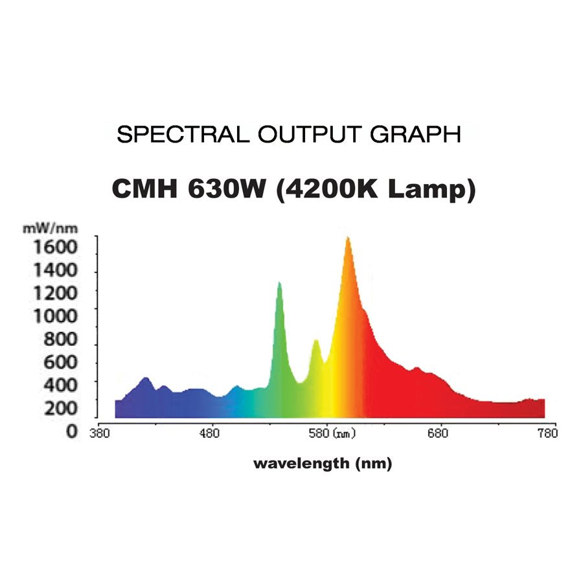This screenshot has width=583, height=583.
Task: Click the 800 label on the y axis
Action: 60,339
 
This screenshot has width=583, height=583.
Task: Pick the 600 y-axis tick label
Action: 60,362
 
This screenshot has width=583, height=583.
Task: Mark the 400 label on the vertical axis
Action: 60,385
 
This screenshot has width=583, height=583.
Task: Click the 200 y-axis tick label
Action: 60,408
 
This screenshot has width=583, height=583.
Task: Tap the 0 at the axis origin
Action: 71,431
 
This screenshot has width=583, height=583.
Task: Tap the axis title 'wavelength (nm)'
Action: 323,464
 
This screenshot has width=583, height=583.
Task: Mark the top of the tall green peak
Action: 279,283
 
